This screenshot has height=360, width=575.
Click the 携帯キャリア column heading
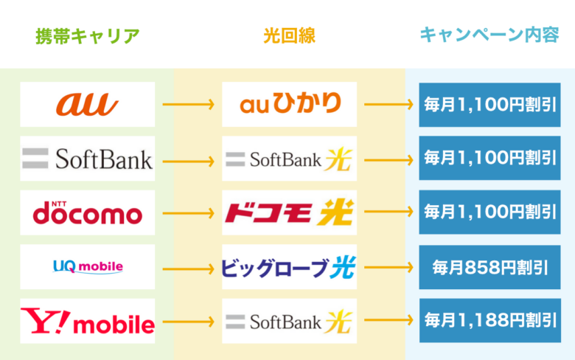pyautogui.click(x=88, y=36)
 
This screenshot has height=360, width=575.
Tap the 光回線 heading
pyautogui.click(x=289, y=36)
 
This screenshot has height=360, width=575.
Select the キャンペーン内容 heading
pyautogui.click(x=489, y=35)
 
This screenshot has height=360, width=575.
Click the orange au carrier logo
pyautogui.click(x=87, y=104)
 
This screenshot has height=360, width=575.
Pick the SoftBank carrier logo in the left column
pyautogui.click(x=87, y=159)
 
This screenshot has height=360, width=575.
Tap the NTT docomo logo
pyautogui.click(x=87, y=212)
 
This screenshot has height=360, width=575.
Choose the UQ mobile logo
pyautogui.click(x=88, y=266)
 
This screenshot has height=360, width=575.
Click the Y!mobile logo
pyautogui.click(x=87, y=321)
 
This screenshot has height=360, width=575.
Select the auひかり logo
pyautogui.click(x=290, y=103)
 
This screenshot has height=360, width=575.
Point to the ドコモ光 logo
pyautogui.click(x=289, y=212)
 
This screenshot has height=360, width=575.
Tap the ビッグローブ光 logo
pyautogui.click(x=289, y=267)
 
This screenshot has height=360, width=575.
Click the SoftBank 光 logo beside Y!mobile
pyautogui.click(x=289, y=322)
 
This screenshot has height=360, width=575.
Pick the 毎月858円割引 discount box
pyautogui.click(x=490, y=267)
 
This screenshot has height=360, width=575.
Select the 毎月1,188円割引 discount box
pyautogui.click(x=490, y=320)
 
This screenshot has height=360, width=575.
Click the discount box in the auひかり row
pyautogui.click(x=490, y=105)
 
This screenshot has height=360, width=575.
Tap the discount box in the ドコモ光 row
pyautogui.click(x=490, y=212)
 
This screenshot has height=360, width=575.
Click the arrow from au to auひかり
pyautogui.click(x=189, y=104)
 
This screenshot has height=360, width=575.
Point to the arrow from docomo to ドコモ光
pyautogui.click(x=189, y=213)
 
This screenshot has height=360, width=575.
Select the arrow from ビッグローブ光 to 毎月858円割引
pyautogui.click(x=388, y=267)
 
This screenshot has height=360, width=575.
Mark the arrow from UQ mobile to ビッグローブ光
pyautogui.click(x=189, y=269)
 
